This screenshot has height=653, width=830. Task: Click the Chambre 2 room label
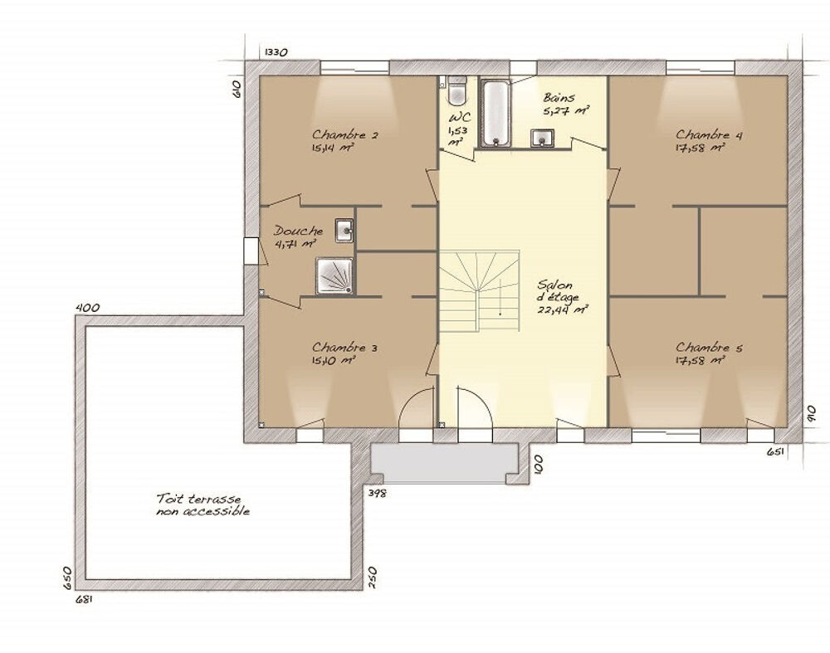point(344,134)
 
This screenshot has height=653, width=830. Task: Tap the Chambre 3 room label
point(344,348)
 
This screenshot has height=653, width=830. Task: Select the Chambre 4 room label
point(709,134)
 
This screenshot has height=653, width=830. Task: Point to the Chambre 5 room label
point(709,348)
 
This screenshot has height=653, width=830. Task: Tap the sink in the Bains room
point(541,138)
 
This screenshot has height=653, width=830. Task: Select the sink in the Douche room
point(344,230)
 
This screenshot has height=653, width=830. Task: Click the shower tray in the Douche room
point(334,275)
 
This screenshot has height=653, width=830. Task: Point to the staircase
point(479,291)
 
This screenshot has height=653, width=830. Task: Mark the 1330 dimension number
point(276,52)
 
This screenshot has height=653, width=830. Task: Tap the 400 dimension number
point(88,308)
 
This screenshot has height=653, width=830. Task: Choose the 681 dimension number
point(85,600)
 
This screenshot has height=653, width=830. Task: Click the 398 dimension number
point(378,493)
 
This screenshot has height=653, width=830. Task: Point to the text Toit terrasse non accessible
point(203,504)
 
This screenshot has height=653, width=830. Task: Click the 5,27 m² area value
point(566,110)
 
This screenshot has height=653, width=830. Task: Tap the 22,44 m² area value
point(563,309)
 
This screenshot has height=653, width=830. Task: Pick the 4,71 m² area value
point(295,243)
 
